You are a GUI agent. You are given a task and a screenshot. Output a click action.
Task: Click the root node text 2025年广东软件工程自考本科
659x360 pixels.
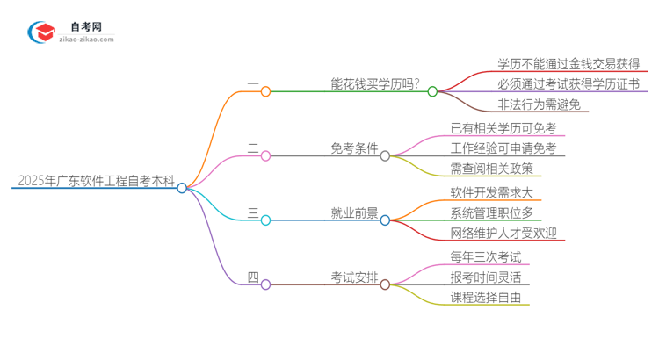pos(92,182)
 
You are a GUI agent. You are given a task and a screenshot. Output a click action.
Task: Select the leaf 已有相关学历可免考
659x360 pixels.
pos(503,128)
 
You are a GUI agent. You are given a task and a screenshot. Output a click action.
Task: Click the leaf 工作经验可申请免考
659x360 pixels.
pos(503,148)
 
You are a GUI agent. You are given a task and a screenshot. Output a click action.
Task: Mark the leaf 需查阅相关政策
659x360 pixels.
pos(491,169)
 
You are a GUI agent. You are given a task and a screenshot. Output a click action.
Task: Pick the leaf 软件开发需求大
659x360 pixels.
pos(491,191)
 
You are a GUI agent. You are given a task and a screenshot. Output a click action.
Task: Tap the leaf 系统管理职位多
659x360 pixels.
pos(491,212)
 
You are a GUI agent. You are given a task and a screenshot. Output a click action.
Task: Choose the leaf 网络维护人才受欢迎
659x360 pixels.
pos(503,233)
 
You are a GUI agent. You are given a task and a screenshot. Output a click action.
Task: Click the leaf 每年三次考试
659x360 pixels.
pos(485,257)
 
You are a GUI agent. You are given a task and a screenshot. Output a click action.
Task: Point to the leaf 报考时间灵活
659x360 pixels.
pos(485,277)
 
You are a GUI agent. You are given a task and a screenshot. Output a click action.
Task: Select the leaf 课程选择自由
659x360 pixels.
pos(485,298)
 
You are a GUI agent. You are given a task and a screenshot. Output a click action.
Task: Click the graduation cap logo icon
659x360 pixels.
pos(43,33)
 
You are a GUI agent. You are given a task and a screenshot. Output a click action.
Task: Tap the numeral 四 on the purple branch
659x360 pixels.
pos(253,278)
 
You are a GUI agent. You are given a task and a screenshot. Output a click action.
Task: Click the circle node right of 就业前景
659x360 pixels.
pos(385,220)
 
